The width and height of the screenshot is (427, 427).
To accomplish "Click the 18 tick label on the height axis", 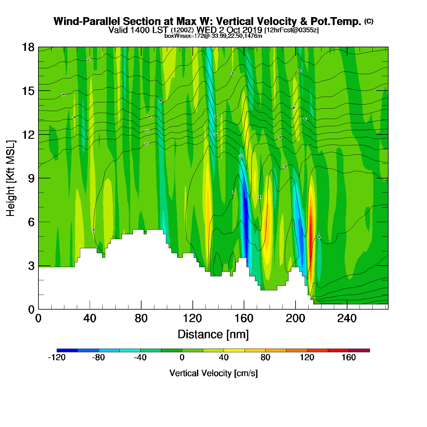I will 28,47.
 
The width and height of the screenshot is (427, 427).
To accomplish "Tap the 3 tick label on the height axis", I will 31,266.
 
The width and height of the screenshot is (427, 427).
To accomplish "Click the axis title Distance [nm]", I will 213,335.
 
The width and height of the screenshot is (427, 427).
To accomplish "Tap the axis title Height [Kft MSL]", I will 11,178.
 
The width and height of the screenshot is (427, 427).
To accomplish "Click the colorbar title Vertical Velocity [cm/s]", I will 213,373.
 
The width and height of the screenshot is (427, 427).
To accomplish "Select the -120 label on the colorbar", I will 57,357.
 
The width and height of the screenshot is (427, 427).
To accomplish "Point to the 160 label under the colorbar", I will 349,357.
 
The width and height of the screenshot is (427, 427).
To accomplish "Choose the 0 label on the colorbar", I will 182,357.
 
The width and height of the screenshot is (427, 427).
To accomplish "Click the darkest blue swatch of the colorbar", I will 67,350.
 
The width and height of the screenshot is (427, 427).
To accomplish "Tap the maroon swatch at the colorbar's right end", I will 359,350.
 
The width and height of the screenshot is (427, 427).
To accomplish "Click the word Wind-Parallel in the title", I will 87,21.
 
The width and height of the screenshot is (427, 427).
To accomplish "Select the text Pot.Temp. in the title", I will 335,21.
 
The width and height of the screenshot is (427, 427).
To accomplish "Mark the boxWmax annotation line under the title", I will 213,36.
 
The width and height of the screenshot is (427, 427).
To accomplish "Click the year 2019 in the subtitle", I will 253,30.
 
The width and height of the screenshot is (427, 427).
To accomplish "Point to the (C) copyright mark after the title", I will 369,21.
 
